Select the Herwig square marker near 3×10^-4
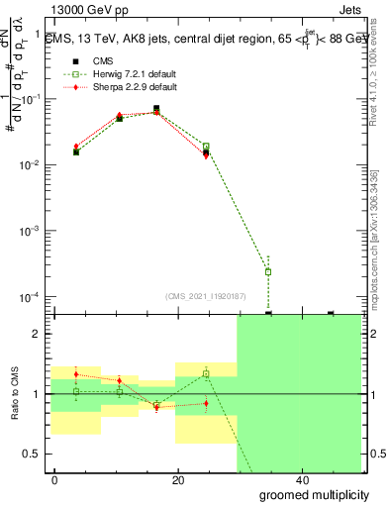268,271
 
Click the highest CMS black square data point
156,109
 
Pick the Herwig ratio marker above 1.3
206,373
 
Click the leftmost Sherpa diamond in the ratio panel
76,374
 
